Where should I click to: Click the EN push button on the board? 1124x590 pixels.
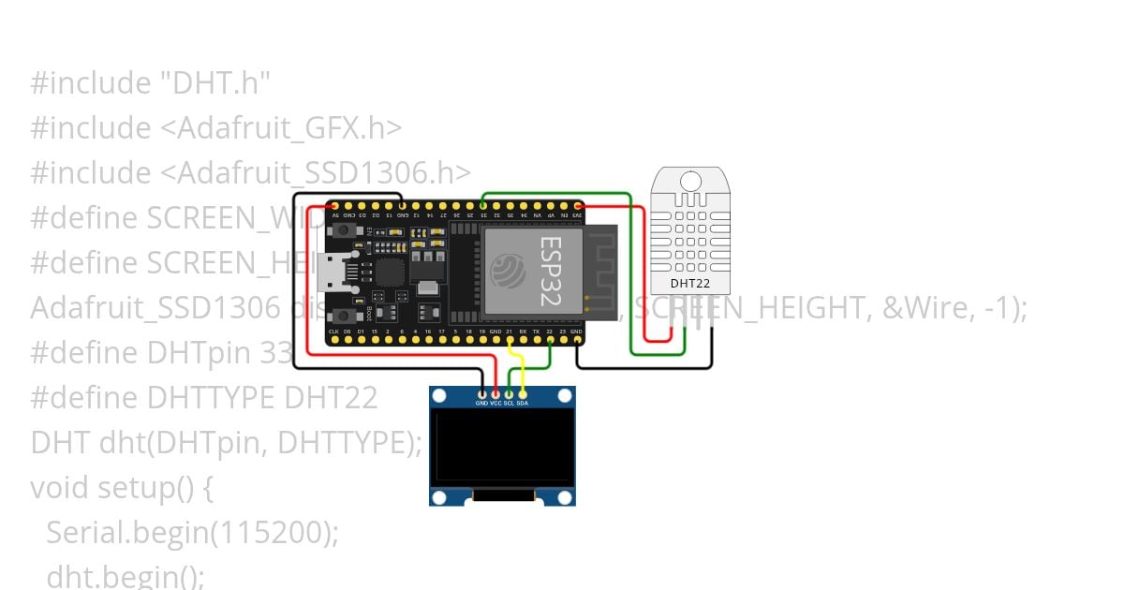347,229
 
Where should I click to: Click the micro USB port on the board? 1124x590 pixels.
333,272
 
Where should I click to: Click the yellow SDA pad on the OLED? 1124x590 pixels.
523,393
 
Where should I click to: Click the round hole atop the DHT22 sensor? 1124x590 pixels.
690,181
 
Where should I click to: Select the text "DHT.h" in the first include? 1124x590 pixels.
210,83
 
